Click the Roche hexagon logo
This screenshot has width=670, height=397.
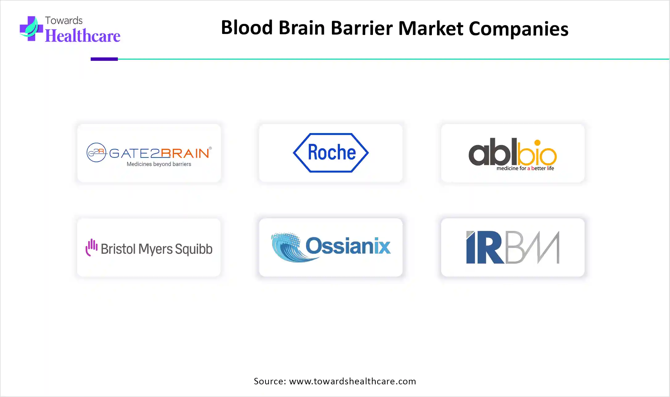point(331,153)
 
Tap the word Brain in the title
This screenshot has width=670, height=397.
point(302,28)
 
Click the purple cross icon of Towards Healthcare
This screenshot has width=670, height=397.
point(31,29)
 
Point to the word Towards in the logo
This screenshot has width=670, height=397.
point(64,20)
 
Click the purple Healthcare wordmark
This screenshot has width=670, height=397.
point(83,36)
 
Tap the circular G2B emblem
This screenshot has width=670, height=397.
point(96,152)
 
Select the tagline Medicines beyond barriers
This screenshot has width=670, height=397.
point(159,164)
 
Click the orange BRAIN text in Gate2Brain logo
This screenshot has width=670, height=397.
point(185,153)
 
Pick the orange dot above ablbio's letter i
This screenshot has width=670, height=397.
point(537,143)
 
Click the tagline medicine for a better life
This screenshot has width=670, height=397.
point(525,168)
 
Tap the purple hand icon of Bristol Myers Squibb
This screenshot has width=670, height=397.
point(91,247)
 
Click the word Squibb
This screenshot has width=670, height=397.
point(194,249)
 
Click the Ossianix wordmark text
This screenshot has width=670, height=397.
point(348,246)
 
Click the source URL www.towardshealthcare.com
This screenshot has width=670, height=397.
point(352,381)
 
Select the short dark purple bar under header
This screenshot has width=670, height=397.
point(104,59)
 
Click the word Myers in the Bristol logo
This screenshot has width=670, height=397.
point(155,249)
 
